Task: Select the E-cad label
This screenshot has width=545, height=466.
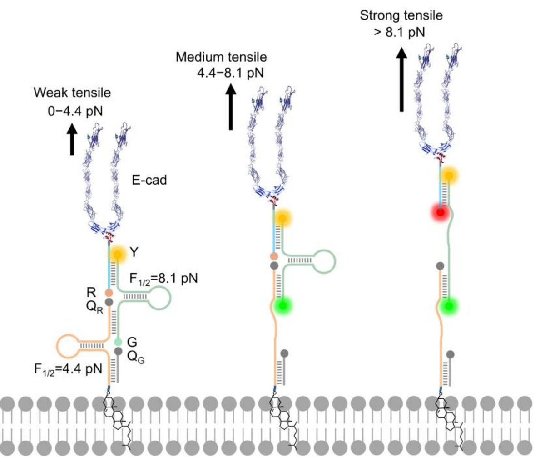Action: click(x=149, y=180)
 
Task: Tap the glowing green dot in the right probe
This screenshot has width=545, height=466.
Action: click(x=449, y=306)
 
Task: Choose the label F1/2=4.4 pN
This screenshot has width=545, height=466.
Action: click(x=68, y=368)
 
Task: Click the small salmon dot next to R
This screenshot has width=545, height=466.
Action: click(x=109, y=293)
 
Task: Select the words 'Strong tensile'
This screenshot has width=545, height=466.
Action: click(x=401, y=16)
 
